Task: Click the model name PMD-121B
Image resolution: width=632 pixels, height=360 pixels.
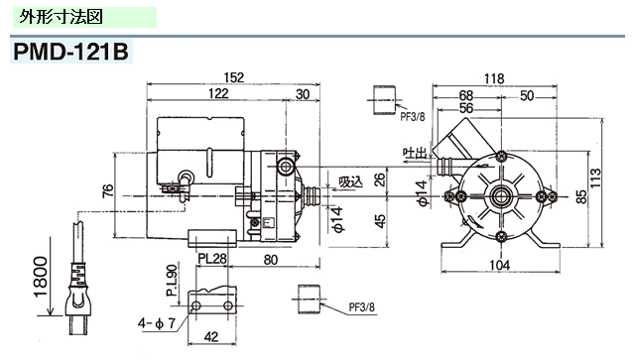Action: pyautogui.click(x=70, y=52)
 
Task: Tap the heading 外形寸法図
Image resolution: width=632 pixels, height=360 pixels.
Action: pyautogui.click(x=61, y=17)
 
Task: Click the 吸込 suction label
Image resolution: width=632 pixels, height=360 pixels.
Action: pyautogui.click(x=348, y=181)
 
